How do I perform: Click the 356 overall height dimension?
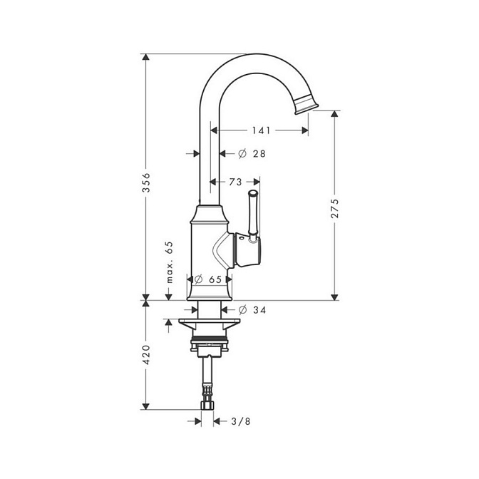pyautogui.click(x=147, y=182)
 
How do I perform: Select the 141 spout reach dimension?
pyautogui.click(x=261, y=130)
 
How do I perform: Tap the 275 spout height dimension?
pyautogui.click(x=335, y=208)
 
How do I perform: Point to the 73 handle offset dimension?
pyautogui.click(x=235, y=182)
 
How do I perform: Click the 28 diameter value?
pyautogui.click(x=259, y=153)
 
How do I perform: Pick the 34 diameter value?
pyautogui.click(x=259, y=310)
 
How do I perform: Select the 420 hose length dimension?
pyautogui.click(x=147, y=355)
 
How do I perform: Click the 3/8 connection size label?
pyautogui.click(x=241, y=421)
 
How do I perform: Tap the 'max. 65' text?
pyautogui.click(x=170, y=262)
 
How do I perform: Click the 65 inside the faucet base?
pyautogui.click(x=215, y=279)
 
